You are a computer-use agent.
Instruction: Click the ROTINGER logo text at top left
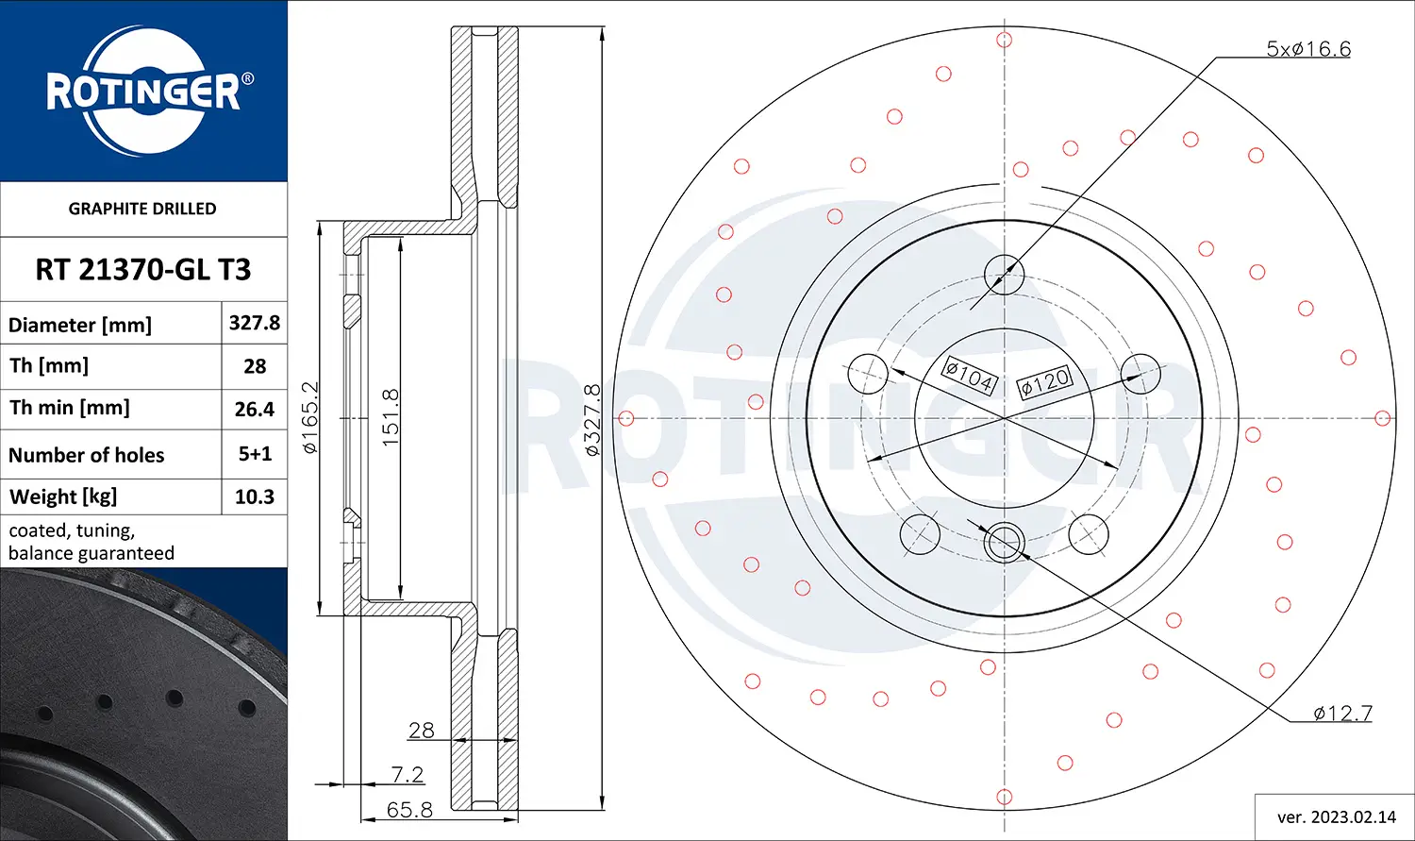143,92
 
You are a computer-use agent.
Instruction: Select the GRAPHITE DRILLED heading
142,209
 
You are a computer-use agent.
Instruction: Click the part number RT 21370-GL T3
143,270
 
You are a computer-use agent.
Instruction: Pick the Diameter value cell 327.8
255,323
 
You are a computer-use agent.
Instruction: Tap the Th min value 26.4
255,409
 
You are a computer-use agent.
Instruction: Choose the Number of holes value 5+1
255,454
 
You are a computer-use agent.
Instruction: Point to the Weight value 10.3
255,496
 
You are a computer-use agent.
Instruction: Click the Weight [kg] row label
63,496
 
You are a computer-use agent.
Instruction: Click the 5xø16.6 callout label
1307,48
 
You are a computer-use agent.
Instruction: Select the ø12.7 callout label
1342,714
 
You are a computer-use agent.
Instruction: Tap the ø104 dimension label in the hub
970,376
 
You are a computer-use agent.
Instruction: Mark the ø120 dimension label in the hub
1044,382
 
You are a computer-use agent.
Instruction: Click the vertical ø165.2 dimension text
309,417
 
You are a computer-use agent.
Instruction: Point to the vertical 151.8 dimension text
391,417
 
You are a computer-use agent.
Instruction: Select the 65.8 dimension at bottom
409,809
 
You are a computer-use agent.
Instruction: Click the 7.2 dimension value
407,774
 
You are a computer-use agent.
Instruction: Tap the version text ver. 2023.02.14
1336,816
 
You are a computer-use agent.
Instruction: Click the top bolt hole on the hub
1004,276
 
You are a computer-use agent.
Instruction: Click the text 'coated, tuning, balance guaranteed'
92,542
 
